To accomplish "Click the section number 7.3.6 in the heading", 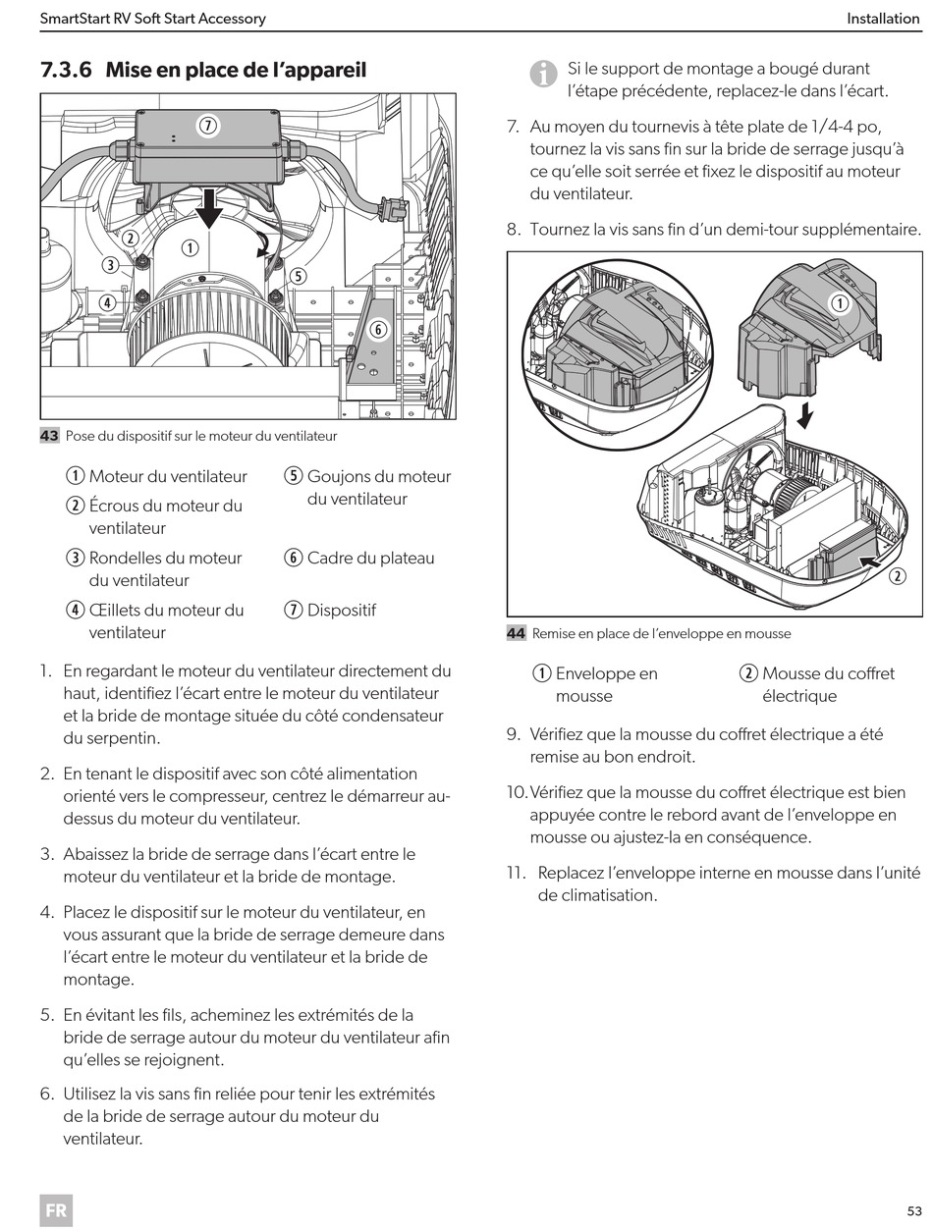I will [x=67, y=70].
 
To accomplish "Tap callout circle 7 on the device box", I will [x=207, y=125].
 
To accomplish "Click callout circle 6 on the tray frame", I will [x=378, y=330].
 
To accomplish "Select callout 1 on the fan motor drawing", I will [x=189, y=248].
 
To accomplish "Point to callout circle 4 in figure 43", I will [x=107, y=302].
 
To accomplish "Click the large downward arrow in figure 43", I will [x=208, y=207].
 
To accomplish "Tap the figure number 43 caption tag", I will [x=49, y=436].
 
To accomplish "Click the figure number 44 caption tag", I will [x=516, y=633].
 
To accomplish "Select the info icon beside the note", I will [x=542, y=73].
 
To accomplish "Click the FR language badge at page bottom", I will [x=56, y=1210].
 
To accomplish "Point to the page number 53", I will [x=913, y=1210].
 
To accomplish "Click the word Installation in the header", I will [x=883, y=19].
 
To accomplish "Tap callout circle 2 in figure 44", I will [x=898, y=576].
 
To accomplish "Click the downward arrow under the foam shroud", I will [x=805, y=416].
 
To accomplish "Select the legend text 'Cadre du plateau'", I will [x=370, y=558].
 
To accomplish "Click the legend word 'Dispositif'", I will [x=341, y=610].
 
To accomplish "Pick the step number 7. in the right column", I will [x=513, y=127].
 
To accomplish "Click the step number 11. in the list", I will [x=517, y=873].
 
